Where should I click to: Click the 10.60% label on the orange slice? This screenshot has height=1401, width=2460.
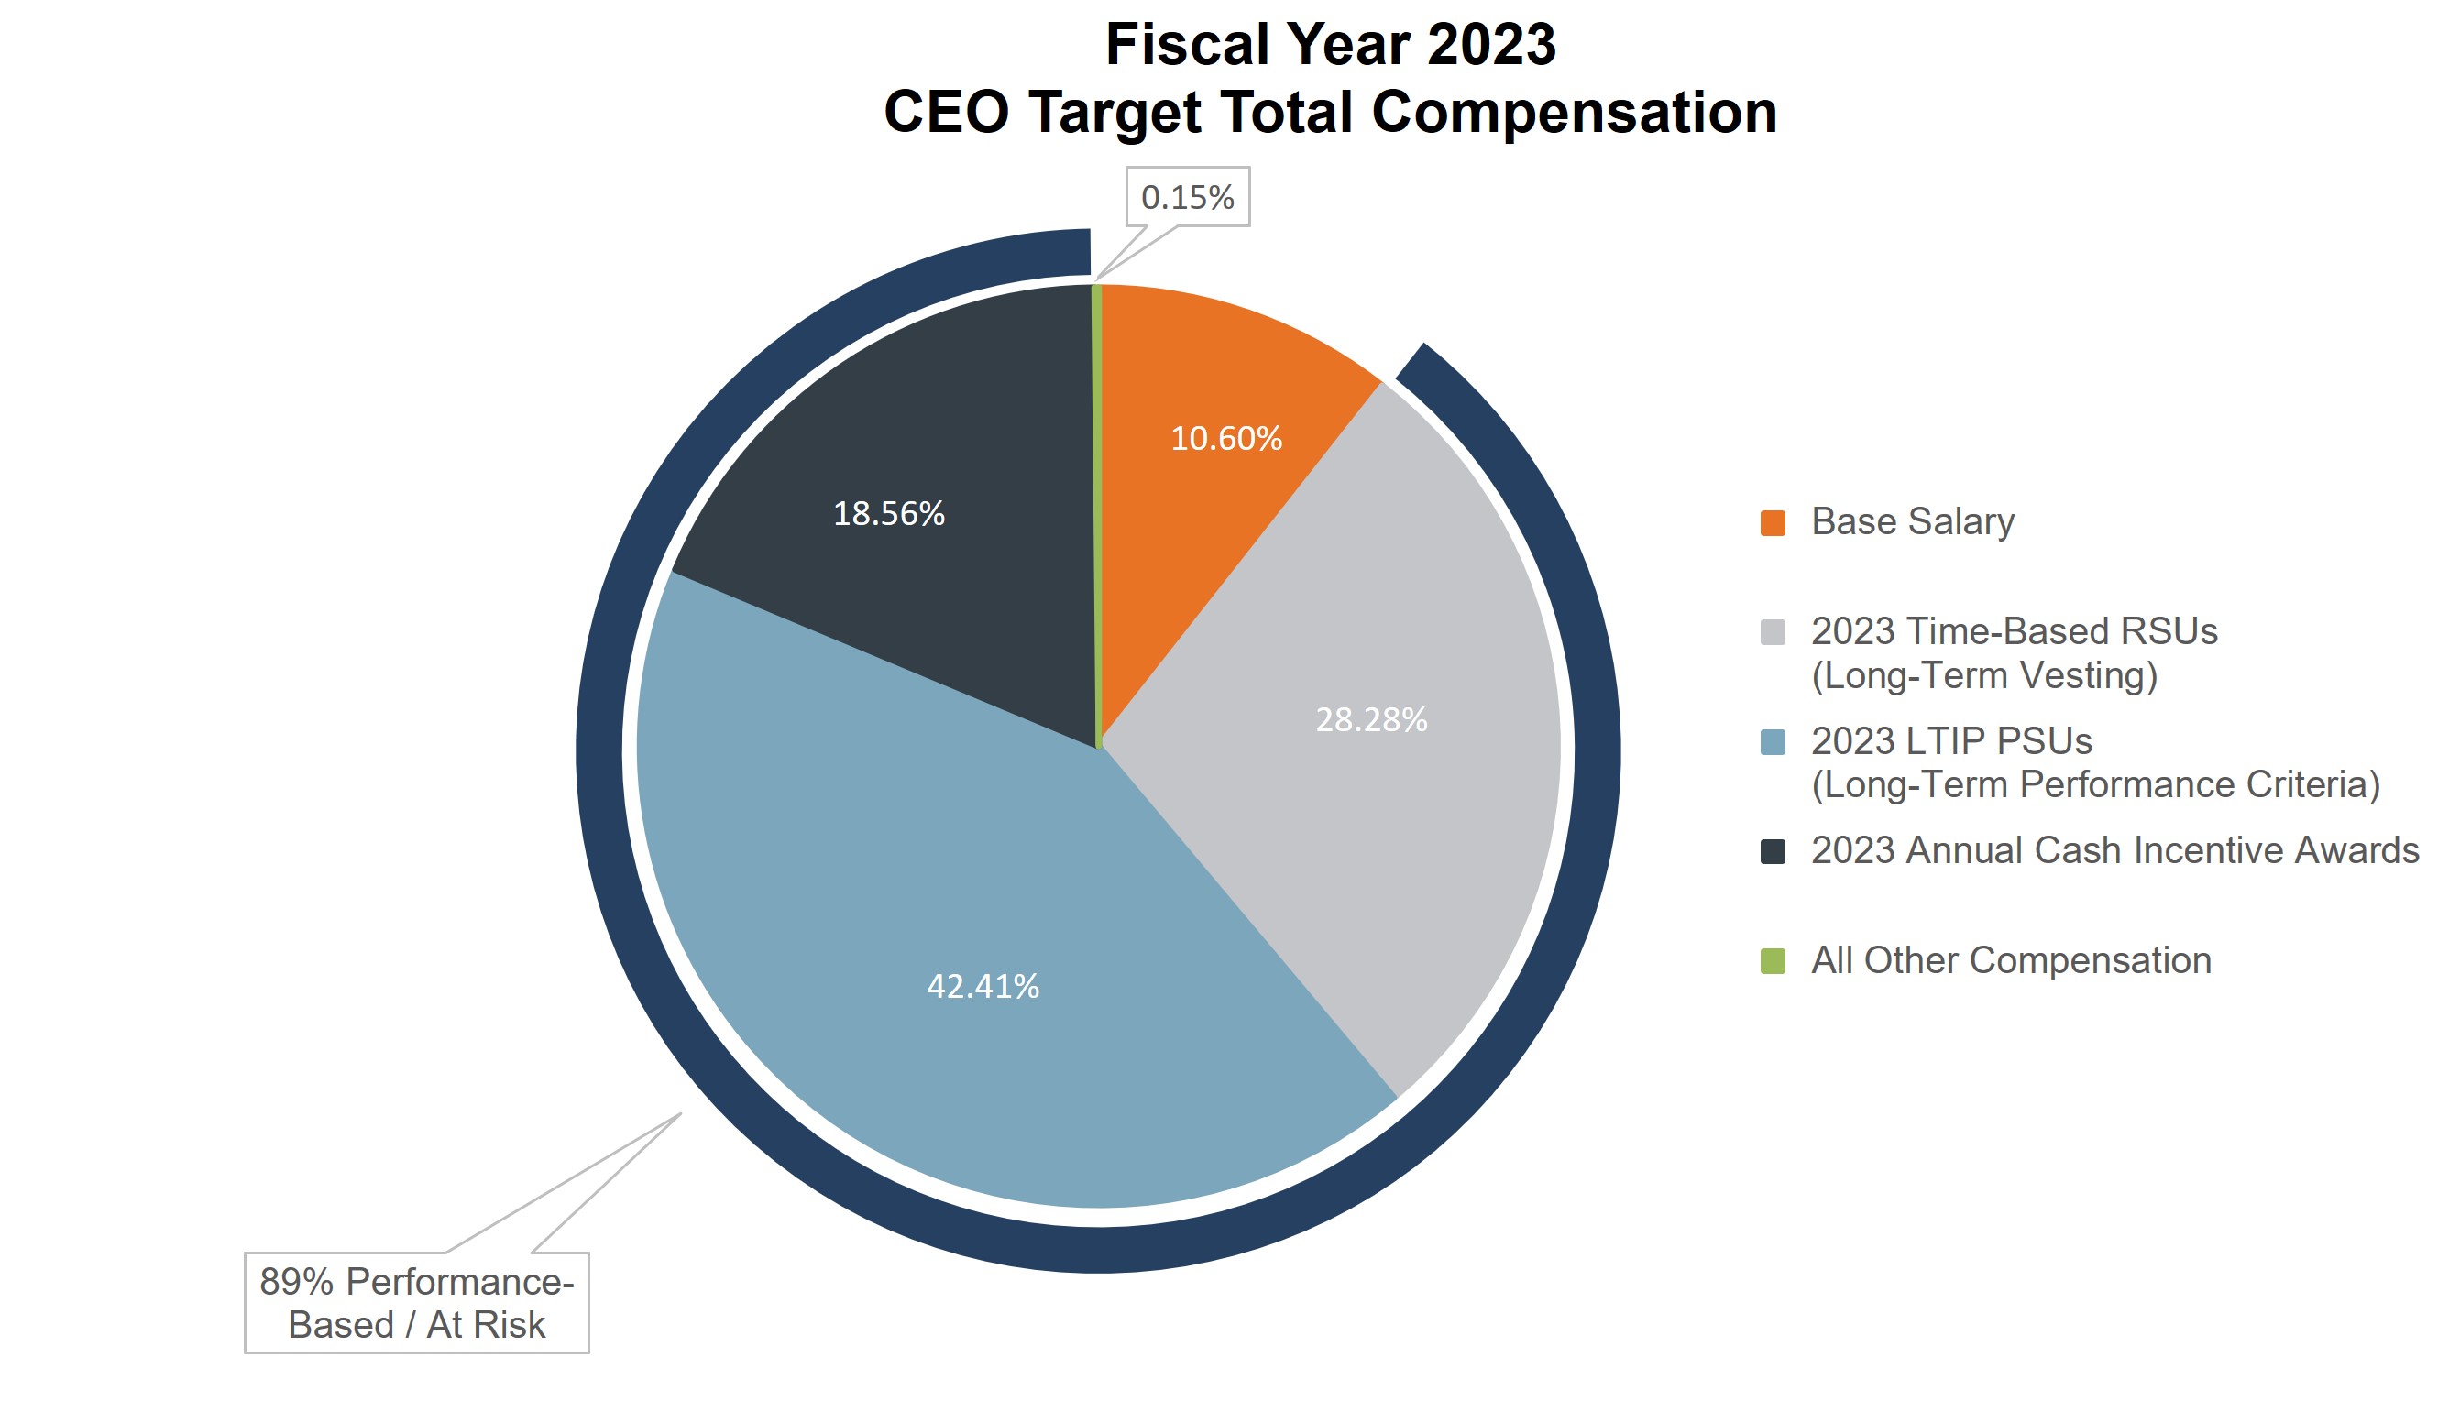pyautogui.click(x=1225, y=439)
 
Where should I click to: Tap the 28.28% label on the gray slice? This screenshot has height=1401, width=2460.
pyautogui.click(x=1370, y=720)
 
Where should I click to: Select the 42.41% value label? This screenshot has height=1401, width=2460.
pyautogui.click(x=982, y=986)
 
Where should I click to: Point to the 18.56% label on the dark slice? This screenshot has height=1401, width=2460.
pyautogui.click(x=888, y=514)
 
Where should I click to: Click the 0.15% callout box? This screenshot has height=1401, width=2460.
pyautogui.click(x=1187, y=197)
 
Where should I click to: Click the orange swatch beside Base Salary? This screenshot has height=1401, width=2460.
pyautogui.click(x=1772, y=522)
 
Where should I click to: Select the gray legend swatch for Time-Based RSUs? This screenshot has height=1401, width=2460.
pyautogui.click(x=1772, y=632)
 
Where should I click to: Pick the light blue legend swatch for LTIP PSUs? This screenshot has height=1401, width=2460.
pyautogui.click(x=1772, y=742)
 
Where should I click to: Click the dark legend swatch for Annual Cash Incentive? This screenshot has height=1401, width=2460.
pyautogui.click(x=1772, y=851)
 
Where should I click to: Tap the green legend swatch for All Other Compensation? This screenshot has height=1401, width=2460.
pyautogui.click(x=1772, y=961)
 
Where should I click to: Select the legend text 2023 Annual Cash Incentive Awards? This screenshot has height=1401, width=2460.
pyautogui.click(x=2114, y=850)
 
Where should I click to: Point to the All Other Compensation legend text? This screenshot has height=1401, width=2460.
pyautogui.click(x=2011, y=960)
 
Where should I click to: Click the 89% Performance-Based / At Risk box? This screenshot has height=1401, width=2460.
pyautogui.click(x=416, y=1303)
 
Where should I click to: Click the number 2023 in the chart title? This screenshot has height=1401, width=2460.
pyautogui.click(x=1490, y=44)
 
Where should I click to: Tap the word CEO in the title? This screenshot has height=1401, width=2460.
pyautogui.click(x=946, y=112)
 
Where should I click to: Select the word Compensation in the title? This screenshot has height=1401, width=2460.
pyautogui.click(x=1573, y=112)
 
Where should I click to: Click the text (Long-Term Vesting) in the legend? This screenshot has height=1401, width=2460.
pyautogui.click(x=1983, y=675)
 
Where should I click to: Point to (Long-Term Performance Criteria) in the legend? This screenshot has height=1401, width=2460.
pyautogui.click(x=2094, y=785)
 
